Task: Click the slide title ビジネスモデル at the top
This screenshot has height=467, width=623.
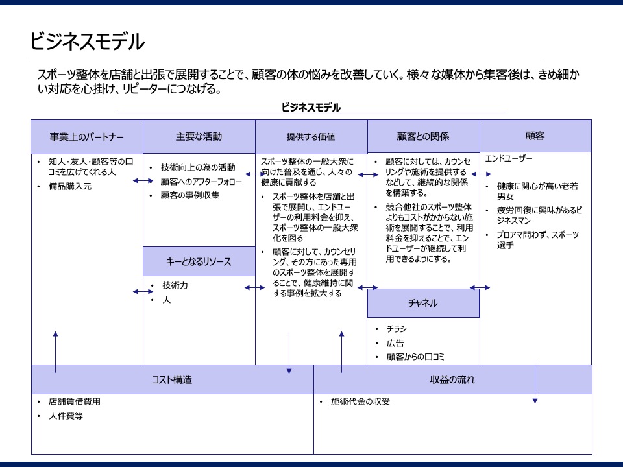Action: coord(87,42)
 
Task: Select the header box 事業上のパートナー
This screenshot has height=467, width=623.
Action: coord(87,137)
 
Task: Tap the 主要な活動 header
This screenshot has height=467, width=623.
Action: coord(199,136)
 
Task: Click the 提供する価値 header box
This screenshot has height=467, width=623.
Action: coord(311,137)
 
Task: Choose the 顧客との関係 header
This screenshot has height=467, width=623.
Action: coord(423,136)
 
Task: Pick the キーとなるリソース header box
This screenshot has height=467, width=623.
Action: coord(199,262)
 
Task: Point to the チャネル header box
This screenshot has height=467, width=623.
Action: coord(423,303)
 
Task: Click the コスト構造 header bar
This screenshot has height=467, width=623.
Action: coord(172,379)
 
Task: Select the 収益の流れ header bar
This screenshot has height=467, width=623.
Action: coord(452,379)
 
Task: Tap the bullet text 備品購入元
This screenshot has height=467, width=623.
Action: coord(70,187)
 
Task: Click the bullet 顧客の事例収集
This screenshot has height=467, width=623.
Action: coord(190,195)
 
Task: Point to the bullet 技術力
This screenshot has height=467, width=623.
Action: coord(175,285)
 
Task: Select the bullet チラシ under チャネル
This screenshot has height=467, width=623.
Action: coord(397,329)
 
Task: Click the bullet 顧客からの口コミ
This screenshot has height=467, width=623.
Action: coord(415,357)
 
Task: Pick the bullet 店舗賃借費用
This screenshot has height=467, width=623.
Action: coord(75,401)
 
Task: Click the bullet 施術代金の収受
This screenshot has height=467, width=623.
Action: coord(360,401)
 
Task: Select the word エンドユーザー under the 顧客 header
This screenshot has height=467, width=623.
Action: coord(509,158)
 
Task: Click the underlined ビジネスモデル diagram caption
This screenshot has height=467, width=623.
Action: coord(311,108)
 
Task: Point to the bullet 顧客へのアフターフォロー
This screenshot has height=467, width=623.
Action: coord(201,182)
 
